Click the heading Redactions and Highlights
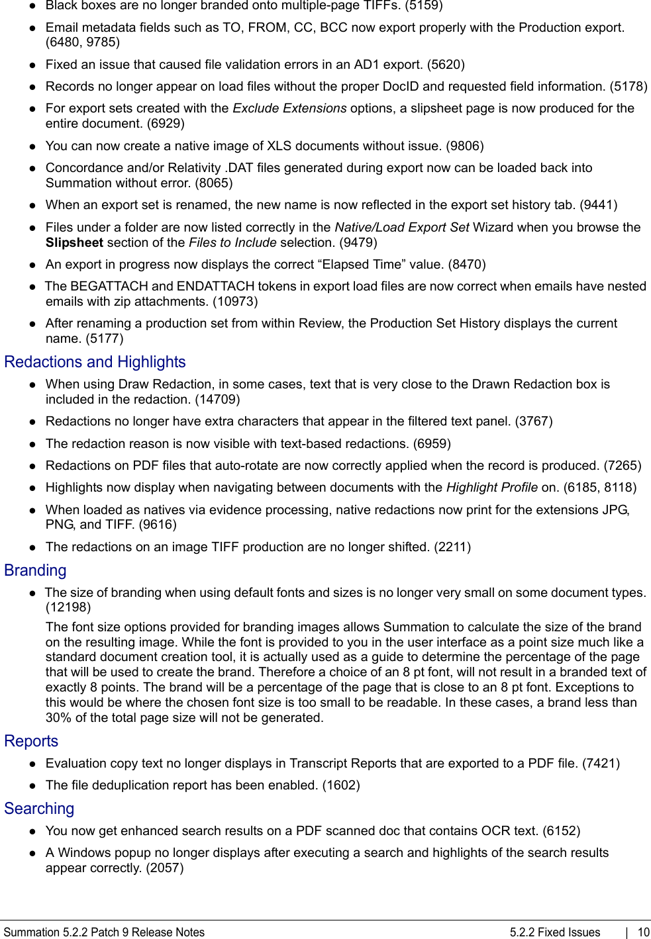95,362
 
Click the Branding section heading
35,570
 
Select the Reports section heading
31,741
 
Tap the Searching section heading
39,809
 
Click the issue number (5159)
424,6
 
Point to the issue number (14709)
217,400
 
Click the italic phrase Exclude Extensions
289,109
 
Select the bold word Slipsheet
74,243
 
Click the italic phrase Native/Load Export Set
402,228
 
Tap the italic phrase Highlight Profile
491,488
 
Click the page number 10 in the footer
643,932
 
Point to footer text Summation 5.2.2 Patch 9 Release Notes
104,932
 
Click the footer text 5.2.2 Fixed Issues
555,932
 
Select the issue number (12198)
68,607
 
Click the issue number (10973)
235,302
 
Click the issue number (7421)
601,764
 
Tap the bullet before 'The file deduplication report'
32,785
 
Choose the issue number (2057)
165,868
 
